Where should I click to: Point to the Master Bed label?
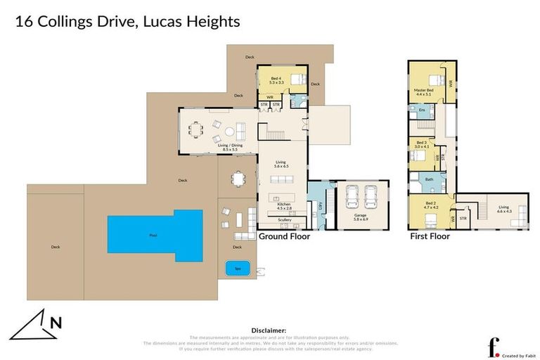pyautogui.click(x=424, y=91)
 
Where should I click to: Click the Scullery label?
pyautogui.click(x=285, y=220)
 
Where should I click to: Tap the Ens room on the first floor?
pyautogui.click(x=422, y=111)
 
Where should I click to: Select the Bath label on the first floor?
pyautogui.click(x=428, y=179)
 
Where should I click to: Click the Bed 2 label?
pyautogui.click(x=430, y=207)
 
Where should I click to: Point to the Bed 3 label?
pyautogui.click(x=422, y=144)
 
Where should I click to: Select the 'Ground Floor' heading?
pyautogui.click(x=284, y=236)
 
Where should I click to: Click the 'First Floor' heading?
pyautogui.click(x=430, y=236)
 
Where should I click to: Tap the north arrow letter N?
pyautogui.click(x=56, y=323)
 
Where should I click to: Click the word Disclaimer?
pyautogui.click(x=269, y=330)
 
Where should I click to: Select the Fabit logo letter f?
pyautogui.click(x=494, y=346)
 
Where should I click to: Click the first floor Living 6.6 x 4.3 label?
pyautogui.click(x=503, y=208)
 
